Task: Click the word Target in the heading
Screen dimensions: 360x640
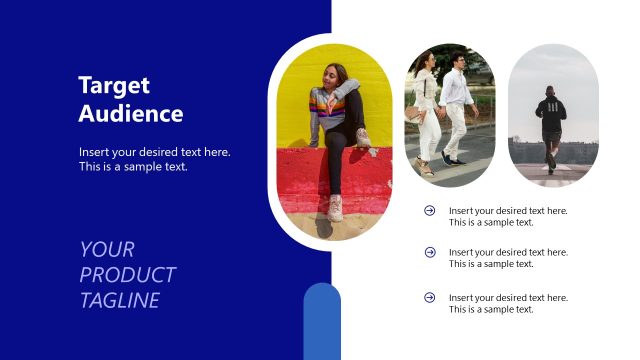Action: coord(114,85)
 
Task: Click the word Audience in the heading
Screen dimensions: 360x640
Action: coord(131,113)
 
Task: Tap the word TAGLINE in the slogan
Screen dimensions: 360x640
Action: coord(120,300)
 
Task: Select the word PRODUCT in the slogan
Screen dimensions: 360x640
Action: coord(128,275)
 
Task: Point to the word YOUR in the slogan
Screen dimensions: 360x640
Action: coord(107,249)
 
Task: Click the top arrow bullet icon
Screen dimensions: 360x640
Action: coord(430,210)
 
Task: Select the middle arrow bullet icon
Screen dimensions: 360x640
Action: coord(430,252)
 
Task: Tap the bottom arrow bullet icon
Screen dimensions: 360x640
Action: coord(430,297)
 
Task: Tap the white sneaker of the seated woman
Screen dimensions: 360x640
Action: coord(335,207)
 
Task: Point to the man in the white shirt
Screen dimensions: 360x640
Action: coord(456,100)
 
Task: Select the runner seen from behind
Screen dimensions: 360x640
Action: coord(551,125)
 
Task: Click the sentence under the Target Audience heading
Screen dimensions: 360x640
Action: coord(155,159)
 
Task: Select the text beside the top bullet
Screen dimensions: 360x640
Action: coord(508,216)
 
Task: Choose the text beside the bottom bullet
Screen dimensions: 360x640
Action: coord(508,303)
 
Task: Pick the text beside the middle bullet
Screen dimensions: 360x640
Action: coord(508,258)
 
